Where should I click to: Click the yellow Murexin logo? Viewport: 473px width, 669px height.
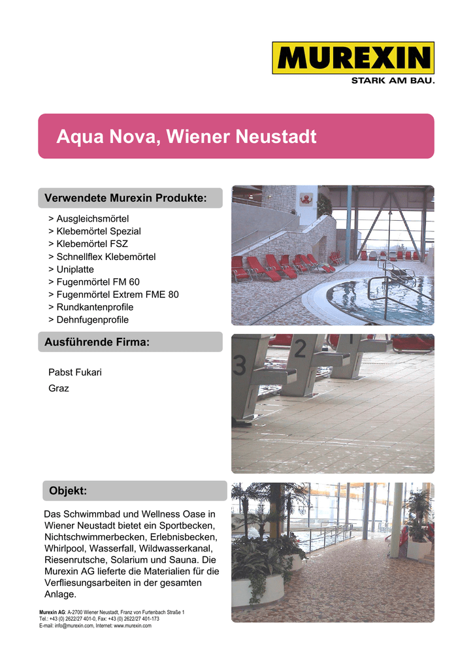coord(353,58)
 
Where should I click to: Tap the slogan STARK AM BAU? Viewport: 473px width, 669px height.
coord(392,81)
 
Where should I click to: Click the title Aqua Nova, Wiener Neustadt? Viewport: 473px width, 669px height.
coord(186,137)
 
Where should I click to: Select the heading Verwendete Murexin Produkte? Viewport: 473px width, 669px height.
coord(125,198)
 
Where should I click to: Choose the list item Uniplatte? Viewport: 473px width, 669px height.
coord(74,269)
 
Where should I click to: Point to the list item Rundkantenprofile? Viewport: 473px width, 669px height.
coord(95,307)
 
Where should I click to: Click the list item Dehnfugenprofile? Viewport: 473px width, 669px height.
coord(92,319)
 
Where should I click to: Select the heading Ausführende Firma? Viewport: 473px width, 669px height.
coord(97,342)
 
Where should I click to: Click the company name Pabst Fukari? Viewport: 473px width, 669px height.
coord(75,372)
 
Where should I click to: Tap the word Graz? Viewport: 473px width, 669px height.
coord(59,388)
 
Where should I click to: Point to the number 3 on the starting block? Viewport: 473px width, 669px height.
coord(240,366)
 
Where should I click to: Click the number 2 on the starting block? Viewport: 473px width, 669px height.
coord(299,350)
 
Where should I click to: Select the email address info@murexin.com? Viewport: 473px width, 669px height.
coord(74,626)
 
